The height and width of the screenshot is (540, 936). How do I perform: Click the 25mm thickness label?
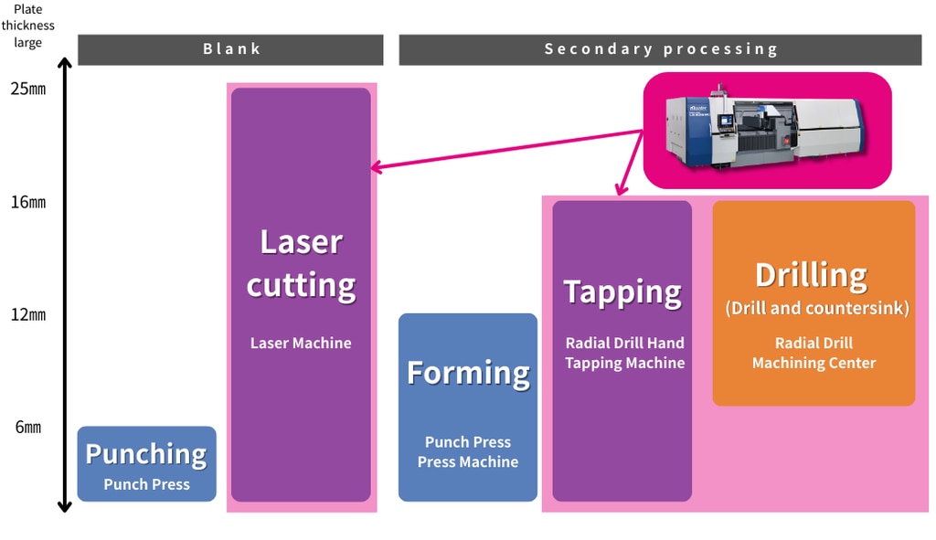coord(27,90)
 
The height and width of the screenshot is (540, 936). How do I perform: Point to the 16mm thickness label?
coord(27,202)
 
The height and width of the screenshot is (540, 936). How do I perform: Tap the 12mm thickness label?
coord(27,315)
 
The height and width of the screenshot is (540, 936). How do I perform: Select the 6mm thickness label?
coord(27,427)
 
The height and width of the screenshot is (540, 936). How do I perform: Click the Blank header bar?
coord(230,49)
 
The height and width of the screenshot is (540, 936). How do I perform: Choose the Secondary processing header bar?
coord(661,49)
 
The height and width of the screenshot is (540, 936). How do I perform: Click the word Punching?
coord(146,453)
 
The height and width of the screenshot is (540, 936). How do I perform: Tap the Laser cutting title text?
coord(301,263)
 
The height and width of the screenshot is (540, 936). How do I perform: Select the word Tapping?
coord(622,291)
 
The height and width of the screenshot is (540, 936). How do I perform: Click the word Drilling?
coord(811,274)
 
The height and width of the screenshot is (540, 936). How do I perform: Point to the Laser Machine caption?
coord(301,344)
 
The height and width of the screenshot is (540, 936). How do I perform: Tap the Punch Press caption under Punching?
coord(146,484)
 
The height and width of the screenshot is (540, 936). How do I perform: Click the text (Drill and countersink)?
coord(817,308)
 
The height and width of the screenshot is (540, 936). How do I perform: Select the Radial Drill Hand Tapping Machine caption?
coord(624,353)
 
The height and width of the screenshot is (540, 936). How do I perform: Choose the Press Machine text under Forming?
coord(468,462)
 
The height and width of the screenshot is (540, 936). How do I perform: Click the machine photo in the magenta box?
coord(766,130)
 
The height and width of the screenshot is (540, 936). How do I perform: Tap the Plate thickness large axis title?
coord(28,26)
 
